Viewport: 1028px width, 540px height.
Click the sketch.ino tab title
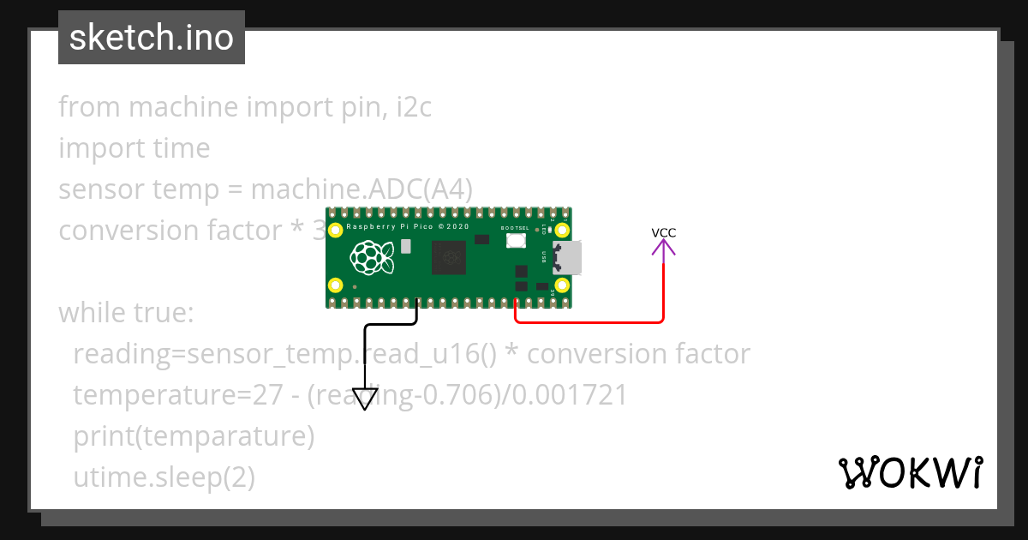click(x=152, y=38)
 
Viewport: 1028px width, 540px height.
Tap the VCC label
click(x=664, y=232)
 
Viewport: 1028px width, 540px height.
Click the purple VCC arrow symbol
click(x=664, y=248)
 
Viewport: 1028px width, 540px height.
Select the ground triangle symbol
click(x=365, y=399)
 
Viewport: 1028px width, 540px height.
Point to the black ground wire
click(x=366, y=351)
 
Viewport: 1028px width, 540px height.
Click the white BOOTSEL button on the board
click(x=516, y=241)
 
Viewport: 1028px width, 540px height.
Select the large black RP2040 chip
click(x=449, y=257)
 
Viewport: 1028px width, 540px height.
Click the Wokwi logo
click(x=910, y=472)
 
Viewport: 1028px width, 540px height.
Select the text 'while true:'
click(x=127, y=313)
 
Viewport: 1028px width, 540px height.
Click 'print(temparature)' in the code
click(x=194, y=436)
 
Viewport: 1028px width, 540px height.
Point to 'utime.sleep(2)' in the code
click(x=164, y=477)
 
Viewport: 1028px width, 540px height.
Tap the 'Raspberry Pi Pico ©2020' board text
click(x=408, y=227)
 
